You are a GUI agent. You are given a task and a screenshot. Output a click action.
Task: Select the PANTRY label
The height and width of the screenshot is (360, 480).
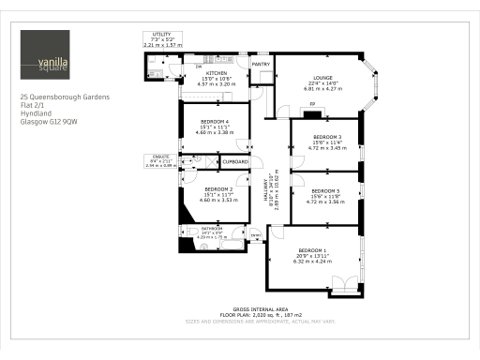click(261, 64)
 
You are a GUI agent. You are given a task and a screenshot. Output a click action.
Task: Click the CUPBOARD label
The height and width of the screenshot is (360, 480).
click(235, 162)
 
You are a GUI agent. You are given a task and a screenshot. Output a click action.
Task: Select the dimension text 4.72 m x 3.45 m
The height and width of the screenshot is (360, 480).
click(326, 148)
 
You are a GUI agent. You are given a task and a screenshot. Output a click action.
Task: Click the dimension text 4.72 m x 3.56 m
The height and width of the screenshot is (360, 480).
click(326, 202)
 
